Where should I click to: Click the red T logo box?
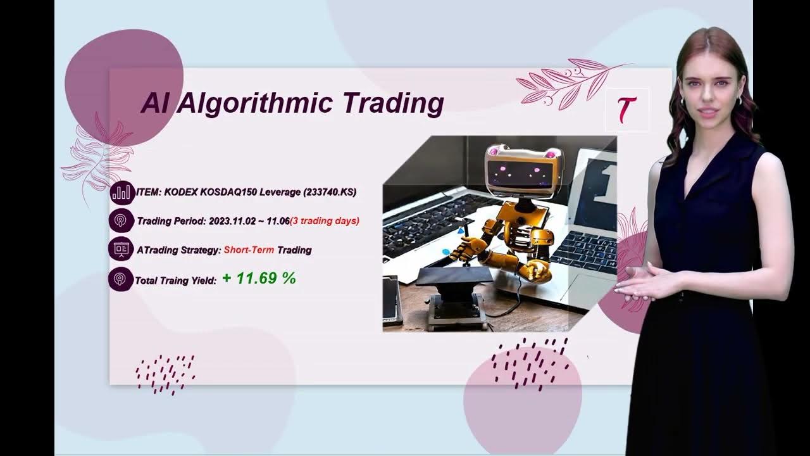(626, 110)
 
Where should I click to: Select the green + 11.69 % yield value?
(259, 278)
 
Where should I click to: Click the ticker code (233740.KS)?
(330, 192)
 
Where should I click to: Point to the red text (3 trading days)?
(325, 221)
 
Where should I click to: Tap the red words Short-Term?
(249, 250)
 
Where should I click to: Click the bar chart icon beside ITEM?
(121, 193)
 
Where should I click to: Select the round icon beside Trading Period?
(121, 221)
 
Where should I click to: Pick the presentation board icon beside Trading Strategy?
(121, 250)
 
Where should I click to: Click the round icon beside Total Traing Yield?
(121, 279)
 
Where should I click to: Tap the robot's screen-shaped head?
(522, 168)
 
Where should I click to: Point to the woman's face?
(709, 92)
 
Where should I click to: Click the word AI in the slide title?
(154, 103)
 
